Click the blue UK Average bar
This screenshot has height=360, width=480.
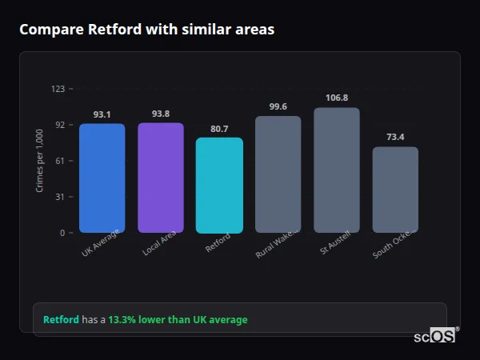pos(102,178)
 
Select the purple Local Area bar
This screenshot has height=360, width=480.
pos(160,178)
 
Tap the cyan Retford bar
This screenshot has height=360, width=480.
pos(219,185)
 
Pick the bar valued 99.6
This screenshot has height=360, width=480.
pos(278,174)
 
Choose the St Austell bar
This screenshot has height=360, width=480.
pos(337,170)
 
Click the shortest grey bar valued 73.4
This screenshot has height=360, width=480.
pos(395,190)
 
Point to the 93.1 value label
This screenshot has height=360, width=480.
pos(102,114)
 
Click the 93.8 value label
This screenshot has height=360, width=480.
pos(160,114)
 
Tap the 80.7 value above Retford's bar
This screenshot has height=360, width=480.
pos(219,129)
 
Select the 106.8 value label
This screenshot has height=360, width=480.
pos(337,98)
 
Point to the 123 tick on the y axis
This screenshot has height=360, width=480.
pos(58,89)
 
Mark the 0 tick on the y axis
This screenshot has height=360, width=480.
pos(62,233)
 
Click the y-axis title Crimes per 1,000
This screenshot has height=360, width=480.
pos(40,161)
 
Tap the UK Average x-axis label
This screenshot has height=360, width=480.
pos(101,242)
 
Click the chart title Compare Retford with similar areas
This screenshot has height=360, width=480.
pos(146,30)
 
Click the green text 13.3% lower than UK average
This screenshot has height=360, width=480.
pos(178,320)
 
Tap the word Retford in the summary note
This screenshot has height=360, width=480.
pos(61,320)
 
